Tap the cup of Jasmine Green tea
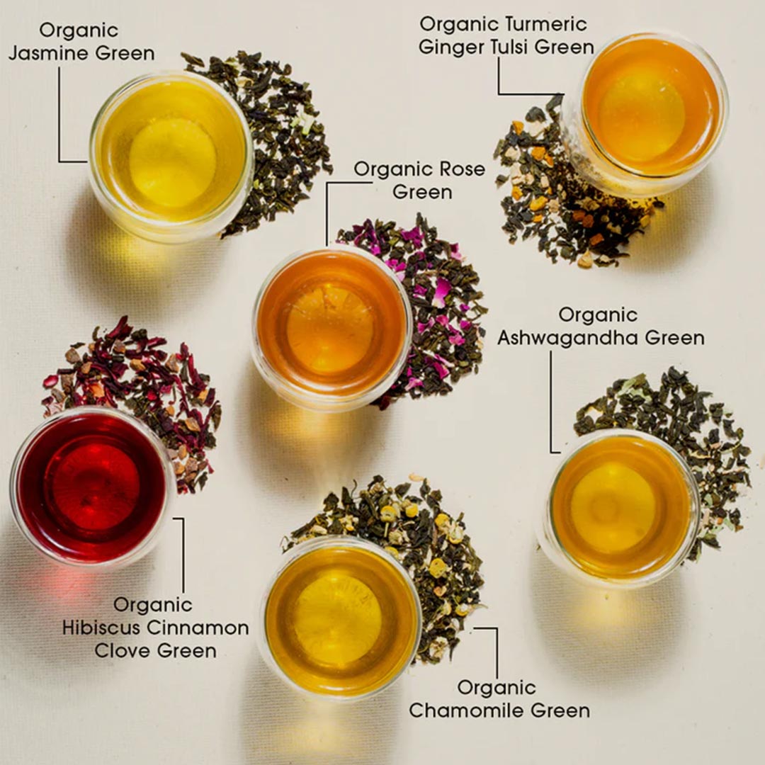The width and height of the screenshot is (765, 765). click(171, 157)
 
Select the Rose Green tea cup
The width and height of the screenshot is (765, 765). click(331, 326)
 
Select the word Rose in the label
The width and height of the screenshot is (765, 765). click(458, 170)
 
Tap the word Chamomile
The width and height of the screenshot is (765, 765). click(470, 710)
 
